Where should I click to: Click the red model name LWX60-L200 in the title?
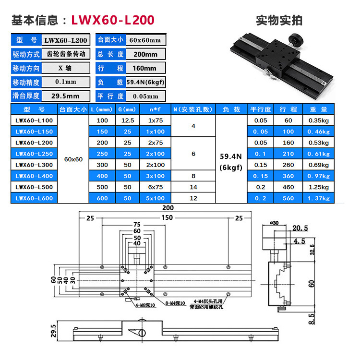tap(113, 20)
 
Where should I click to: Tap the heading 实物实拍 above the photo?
tap(279, 20)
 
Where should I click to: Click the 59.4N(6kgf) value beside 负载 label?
tap(145, 82)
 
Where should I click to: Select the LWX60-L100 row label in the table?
tap(34, 120)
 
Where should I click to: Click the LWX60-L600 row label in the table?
tap(34, 198)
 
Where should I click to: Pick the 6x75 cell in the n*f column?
tap(156, 187)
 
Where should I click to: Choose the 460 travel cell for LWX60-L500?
tap(288, 187)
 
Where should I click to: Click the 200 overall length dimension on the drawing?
tap(167, 208)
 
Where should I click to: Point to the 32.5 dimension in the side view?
tap(312, 250)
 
